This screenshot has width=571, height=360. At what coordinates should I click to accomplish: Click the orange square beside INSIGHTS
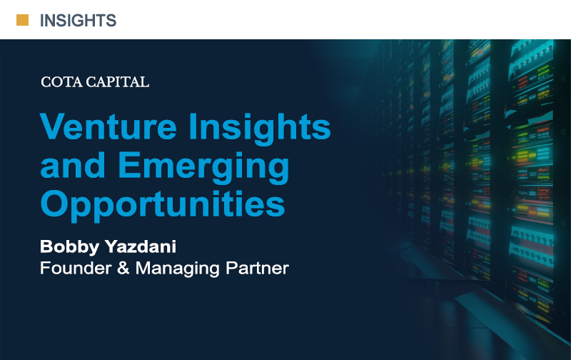point(22,20)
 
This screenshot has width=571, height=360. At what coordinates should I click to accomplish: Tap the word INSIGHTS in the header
point(78,21)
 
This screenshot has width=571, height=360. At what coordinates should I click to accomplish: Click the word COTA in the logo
point(61,82)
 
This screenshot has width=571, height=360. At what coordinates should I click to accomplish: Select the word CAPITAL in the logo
point(117,82)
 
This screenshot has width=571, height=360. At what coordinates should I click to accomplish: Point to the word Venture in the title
point(108,126)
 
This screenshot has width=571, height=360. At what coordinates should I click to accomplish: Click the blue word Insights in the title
point(259,129)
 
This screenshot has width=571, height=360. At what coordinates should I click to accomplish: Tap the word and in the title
point(73,165)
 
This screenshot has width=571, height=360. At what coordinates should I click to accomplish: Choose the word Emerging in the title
point(203,167)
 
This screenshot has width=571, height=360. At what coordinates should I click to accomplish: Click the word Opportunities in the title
point(163,205)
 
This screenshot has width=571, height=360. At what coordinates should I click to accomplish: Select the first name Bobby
point(69,247)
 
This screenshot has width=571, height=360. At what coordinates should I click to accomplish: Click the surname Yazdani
point(141,246)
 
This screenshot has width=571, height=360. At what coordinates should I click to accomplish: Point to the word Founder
point(76,268)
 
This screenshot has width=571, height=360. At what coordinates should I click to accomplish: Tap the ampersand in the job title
point(123,268)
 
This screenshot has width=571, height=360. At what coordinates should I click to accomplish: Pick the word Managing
point(178,269)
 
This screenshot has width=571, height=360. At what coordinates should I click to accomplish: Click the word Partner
point(257,268)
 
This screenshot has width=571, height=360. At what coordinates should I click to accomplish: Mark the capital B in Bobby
point(46,246)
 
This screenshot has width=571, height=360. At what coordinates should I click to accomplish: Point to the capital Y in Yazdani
point(111,246)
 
